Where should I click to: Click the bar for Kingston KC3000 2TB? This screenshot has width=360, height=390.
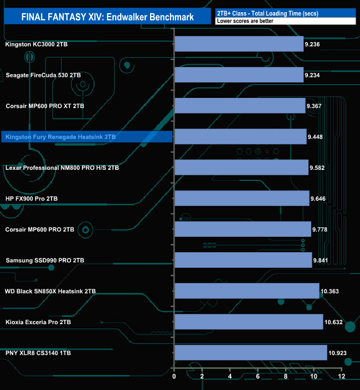coord(239,44)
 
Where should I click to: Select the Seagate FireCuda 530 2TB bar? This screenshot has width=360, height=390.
coord(239,75)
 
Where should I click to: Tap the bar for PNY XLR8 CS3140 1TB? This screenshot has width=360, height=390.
coord(250,352)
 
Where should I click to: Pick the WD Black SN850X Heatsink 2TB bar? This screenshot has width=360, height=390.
coord(246,290)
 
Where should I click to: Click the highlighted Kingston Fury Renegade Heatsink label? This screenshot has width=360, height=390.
coord(60,136)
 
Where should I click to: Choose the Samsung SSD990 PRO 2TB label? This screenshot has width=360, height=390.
coord(45,260)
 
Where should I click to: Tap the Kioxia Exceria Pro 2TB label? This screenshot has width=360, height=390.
coord(38,321)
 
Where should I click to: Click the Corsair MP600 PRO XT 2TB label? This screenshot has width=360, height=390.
coord(45,106)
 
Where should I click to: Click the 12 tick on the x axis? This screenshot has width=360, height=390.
coord(342,377)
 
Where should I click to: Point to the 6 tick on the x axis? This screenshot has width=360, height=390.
coord(258,377)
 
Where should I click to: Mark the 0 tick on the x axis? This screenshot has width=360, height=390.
coord(174,377)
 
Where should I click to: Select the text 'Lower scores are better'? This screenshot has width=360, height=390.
coord(245,21)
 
